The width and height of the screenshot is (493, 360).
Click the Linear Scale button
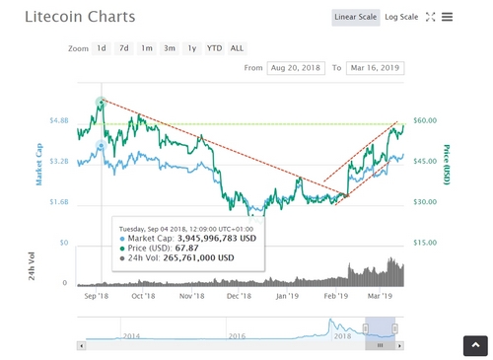point(355,17)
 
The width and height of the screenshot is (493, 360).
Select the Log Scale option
point(401,17)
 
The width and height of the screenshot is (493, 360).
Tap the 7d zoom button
point(123,47)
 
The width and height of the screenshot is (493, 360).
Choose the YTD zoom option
point(214,47)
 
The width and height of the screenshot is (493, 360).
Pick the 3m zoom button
point(169,47)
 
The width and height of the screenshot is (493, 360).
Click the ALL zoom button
point(238,47)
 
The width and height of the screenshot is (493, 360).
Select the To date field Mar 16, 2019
point(373,68)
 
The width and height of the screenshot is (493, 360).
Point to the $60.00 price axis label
point(425,120)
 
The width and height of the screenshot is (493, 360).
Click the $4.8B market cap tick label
point(58,120)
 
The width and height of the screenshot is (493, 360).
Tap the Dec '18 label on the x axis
point(239,295)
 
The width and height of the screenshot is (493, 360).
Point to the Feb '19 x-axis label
point(335,295)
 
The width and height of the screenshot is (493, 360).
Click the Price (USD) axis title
point(447,163)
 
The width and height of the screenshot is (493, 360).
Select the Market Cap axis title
point(40,164)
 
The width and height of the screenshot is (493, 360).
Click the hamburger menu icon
point(447,17)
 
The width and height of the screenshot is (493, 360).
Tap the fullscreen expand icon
point(430,17)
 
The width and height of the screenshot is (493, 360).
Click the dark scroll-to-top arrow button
point(475,345)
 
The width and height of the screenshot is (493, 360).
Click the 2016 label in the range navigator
point(237,336)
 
